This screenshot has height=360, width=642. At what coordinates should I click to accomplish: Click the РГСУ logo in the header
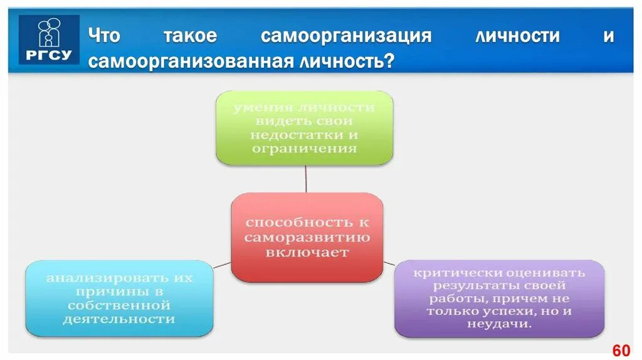coord(49,39)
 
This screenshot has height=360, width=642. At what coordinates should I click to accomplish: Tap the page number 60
coord(621,350)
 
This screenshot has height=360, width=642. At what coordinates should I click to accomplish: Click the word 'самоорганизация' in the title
coord(346,36)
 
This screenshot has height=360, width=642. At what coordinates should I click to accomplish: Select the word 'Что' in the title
coord(103,36)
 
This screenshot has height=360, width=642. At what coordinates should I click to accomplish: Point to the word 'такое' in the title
coord(190,36)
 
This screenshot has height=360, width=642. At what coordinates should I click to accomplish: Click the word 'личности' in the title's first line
coord(517,36)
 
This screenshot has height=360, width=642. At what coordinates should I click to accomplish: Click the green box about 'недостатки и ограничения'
coord(305,128)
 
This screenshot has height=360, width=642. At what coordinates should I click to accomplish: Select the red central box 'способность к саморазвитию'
coord(307,237)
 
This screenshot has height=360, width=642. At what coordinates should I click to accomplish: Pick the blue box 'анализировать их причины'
coord(119,298)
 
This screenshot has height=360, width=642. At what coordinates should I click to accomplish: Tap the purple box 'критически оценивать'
coord(499,299)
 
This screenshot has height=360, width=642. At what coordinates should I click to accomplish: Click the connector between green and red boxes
coord(306,179)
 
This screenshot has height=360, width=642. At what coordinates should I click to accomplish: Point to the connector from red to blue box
coord(222,265)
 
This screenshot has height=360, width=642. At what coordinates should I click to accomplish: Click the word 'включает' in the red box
coord(307,253)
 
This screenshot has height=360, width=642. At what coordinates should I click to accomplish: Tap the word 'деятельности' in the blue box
coord(118,319)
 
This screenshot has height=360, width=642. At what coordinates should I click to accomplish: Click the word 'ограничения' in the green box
coord(305,149)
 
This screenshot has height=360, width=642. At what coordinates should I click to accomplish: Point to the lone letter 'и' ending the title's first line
coord(608,36)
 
